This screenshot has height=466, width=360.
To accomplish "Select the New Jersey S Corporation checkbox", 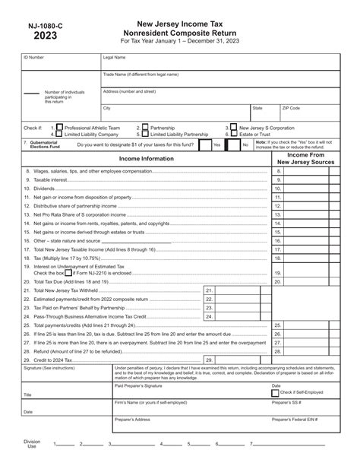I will coord(234,128).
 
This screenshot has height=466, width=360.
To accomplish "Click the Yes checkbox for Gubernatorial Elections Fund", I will coord(207,144).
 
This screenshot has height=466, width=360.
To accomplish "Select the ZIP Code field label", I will coord(291,108).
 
